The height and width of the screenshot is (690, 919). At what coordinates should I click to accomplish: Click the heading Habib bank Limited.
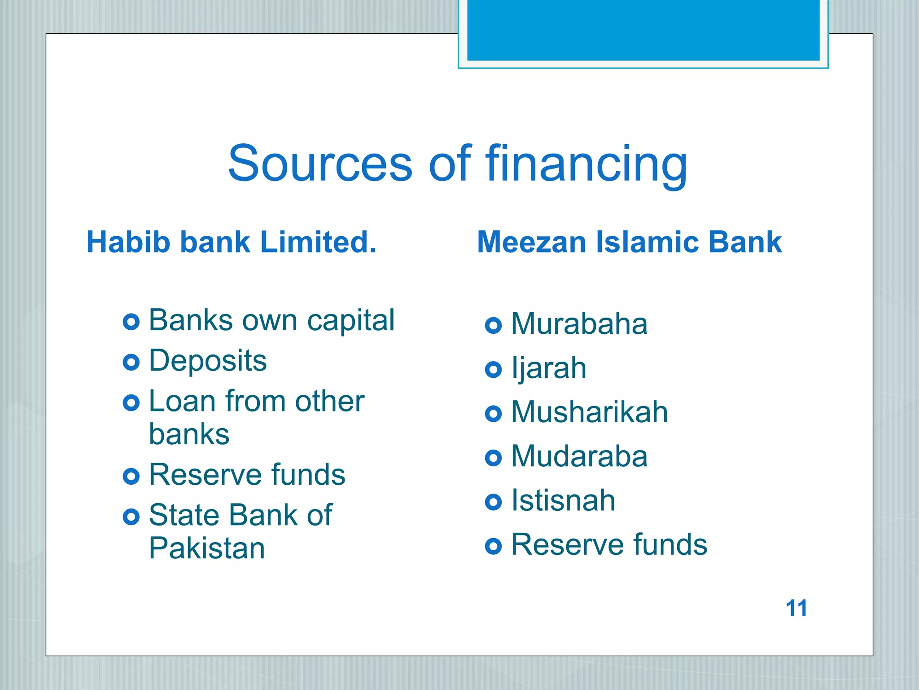231,242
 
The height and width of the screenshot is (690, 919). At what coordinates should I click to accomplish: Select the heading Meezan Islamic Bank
629,242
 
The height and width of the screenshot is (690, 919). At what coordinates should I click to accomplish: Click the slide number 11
796,608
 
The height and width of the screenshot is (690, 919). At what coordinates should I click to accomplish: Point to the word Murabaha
579,323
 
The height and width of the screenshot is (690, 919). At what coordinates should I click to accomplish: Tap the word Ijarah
548,368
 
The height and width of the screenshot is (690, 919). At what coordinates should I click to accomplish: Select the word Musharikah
589,412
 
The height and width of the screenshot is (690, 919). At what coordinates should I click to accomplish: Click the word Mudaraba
579,456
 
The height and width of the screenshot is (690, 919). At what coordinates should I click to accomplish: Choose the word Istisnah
563,500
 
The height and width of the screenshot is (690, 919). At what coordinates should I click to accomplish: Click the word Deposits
207,361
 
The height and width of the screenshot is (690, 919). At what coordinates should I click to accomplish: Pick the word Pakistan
207,548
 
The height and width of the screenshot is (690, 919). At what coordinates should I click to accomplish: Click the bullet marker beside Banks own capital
131,322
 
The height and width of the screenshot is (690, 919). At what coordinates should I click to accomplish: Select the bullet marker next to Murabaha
493,325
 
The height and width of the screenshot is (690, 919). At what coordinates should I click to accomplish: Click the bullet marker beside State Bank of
131,517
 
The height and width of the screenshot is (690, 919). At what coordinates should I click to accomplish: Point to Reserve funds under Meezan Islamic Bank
609,544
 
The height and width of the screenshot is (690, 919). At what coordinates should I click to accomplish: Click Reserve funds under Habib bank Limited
247,475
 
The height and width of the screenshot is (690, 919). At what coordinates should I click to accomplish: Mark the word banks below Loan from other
189,434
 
